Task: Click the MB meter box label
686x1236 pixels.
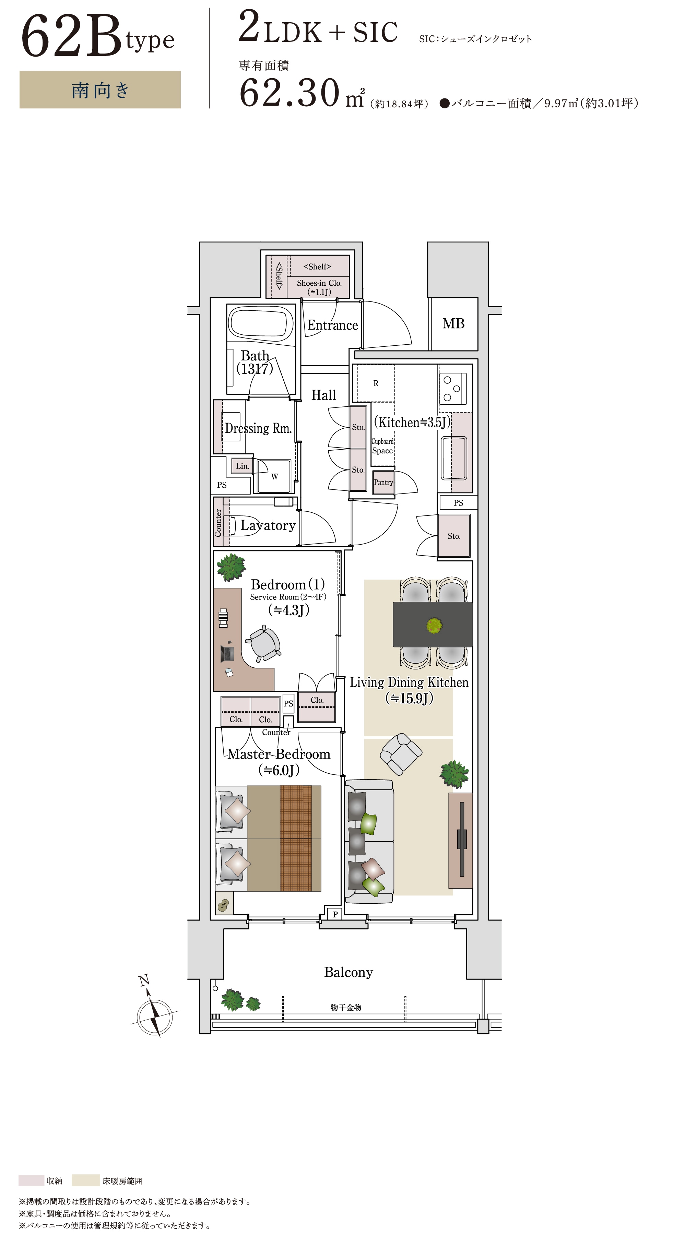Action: [x=453, y=324]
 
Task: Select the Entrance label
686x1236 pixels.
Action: [x=332, y=325]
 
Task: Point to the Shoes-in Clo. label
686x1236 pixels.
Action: [x=319, y=283]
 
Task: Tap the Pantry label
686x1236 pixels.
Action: [x=383, y=483]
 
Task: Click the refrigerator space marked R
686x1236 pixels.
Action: [x=376, y=383]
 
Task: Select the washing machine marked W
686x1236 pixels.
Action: [x=274, y=476]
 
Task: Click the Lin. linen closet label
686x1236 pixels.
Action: [x=242, y=466]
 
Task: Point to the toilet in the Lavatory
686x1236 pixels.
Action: [x=230, y=526]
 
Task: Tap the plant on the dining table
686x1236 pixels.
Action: [x=434, y=625]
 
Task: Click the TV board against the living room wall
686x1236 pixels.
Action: [x=461, y=840]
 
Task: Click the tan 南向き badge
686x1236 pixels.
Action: [x=100, y=90]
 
